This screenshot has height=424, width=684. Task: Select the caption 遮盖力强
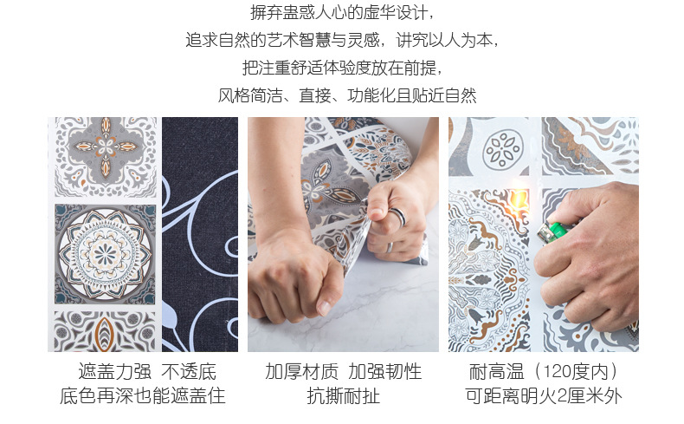click(115, 372)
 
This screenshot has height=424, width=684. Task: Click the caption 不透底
click(188, 372)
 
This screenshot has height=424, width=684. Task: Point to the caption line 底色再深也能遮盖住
click(142, 397)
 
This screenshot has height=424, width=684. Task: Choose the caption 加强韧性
click(385, 372)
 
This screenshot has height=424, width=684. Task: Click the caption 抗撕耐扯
click(343, 397)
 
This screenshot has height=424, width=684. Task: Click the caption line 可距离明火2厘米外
click(543, 397)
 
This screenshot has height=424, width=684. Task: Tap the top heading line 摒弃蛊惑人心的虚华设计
click(342, 14)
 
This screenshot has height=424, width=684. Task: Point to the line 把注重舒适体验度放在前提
click(342, 68)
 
